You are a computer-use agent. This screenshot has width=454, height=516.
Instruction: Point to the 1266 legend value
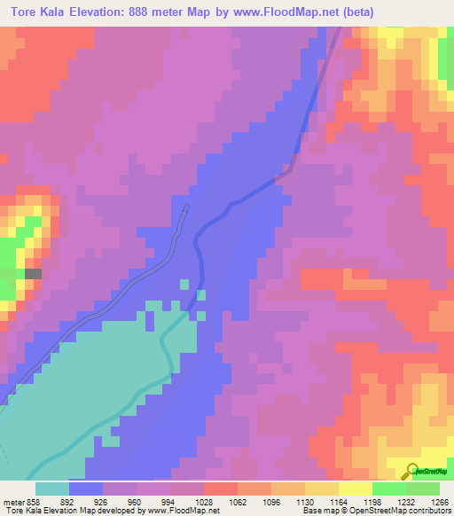tap(437, 501)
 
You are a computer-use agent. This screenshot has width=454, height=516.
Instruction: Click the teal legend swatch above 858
tap(51, 489)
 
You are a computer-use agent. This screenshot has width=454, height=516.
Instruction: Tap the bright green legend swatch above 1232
tap(388, 489)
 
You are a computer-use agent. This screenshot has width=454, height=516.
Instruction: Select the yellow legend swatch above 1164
tap(321, 489)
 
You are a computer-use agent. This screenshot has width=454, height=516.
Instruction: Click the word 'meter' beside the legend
tap(12, 501)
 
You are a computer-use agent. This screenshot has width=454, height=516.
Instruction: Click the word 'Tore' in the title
tap(23, 12)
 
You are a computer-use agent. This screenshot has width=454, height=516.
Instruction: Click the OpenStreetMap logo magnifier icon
tap(411, 471)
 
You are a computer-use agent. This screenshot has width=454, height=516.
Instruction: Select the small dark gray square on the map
tap(33, 275)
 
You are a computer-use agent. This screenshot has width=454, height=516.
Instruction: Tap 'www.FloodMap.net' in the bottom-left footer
tap(184, 511)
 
